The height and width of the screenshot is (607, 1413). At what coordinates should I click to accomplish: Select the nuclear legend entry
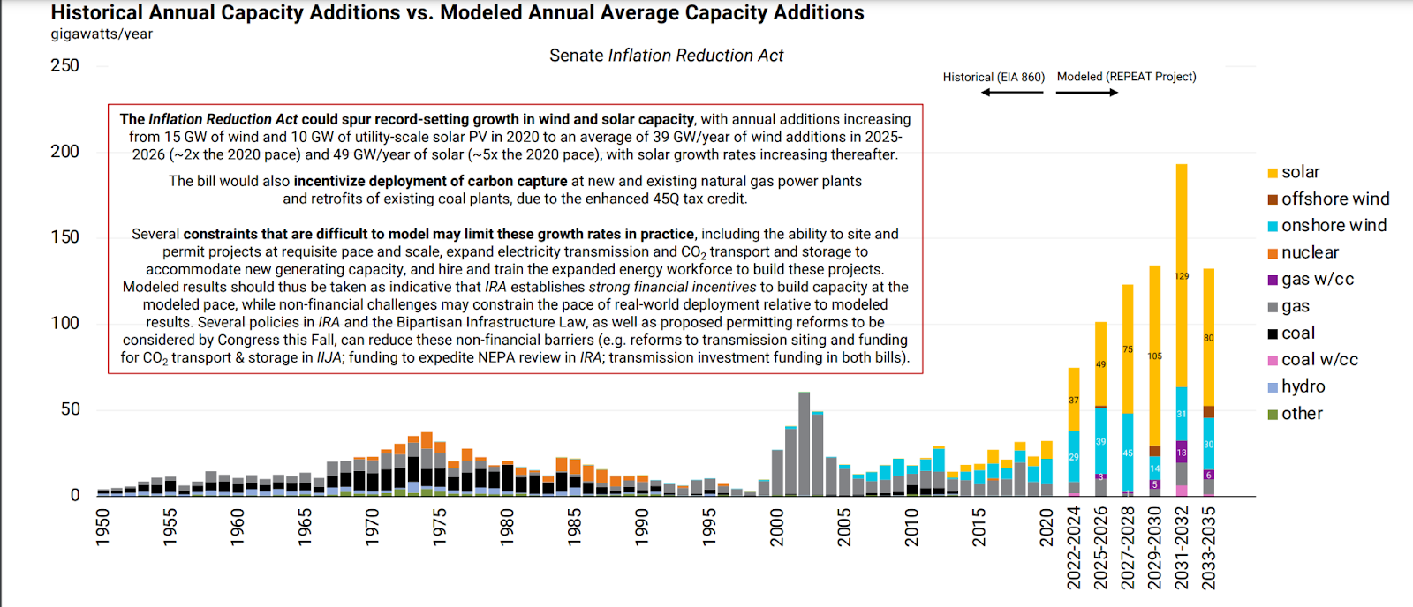pyautogui.click(x=1310, y=253)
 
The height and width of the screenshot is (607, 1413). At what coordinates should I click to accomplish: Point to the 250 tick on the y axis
pyautogui.click(x=64, y=65)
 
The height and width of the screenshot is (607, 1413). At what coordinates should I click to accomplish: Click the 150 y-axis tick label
pyautogui.click(x=64, y=237)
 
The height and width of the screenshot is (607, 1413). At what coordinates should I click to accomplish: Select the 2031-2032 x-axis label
pyautogui.click(x=1182, y=547)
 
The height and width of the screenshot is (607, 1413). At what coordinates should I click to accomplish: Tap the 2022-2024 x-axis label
pyautogui.click(x=1074, y=547)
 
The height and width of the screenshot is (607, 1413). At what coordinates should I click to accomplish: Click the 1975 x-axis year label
pyautogui.click(x=440, y=527)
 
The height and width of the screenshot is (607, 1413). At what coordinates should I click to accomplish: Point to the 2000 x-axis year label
pyautogui.click(x=777, y=527)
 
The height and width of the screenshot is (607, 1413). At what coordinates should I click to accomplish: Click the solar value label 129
pyautogui.click(x=1182, y=276)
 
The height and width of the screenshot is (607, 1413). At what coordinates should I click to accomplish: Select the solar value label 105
pyautogui.click(x=1155, y=356)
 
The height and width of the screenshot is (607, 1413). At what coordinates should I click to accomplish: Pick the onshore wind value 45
pyautogui.click(x=1128, y=453)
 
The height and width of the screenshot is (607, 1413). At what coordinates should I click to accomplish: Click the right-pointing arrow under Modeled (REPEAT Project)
pyautogui.click(x=1087, y=92)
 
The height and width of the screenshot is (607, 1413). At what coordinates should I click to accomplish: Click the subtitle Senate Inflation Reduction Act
pyautogui.click(x=666, y=56)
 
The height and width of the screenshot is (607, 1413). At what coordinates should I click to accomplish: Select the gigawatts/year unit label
pyautogui.click(x=102, y=34)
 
